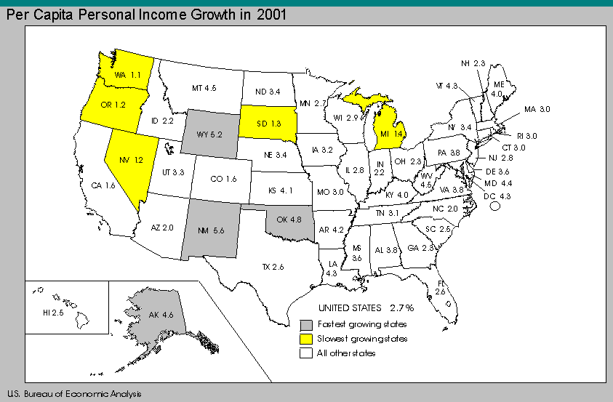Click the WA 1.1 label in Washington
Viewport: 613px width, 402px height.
tap(122, 74)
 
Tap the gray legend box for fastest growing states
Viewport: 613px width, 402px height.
tap(307, 324)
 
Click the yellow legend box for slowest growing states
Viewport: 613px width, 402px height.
tap(307, 339)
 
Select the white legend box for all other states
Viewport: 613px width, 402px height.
tap(307, 353)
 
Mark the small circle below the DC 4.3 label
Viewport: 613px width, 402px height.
tap(497, 206)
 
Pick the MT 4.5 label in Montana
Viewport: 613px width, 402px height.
tap(204, 88)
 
